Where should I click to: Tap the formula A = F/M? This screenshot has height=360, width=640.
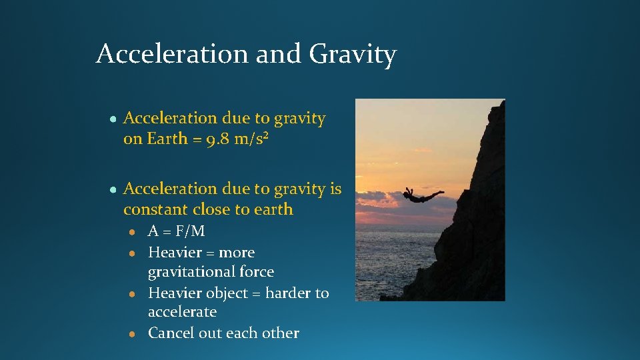pyautogui.click(x=176, y=231)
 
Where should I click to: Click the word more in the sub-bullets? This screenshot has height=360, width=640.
pyautogui.click(x=237, y=253)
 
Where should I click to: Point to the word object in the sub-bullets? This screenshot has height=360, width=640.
pyautogui.click(x=227, y=293)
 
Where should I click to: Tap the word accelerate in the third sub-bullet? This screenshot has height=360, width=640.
pyautogui.click(x=182, y=312)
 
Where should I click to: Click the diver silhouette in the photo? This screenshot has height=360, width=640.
pyautogui.click(x=422, y=196)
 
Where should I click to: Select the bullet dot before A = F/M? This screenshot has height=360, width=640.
pyautogui.click(x=133, y=232)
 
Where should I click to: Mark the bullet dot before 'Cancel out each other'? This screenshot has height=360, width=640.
pyautogui.click(x=133, y=334)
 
